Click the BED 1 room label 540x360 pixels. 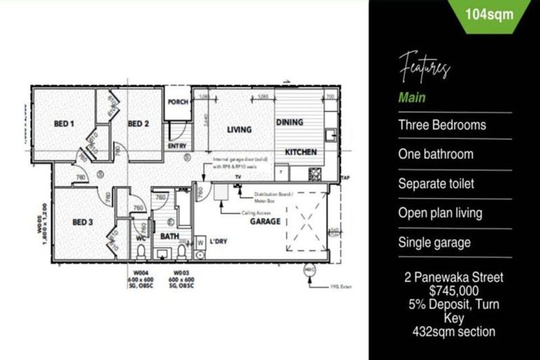64,124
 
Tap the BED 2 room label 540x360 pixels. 139,124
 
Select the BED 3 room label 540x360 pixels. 83,222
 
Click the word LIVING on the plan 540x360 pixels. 239,129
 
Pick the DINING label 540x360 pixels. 289,122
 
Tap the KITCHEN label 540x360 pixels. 300,152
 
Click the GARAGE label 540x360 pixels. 264,221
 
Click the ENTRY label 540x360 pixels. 176,146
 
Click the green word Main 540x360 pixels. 412,98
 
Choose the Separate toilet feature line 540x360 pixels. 436,184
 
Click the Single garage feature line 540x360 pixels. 435,243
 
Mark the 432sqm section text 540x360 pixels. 453,331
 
